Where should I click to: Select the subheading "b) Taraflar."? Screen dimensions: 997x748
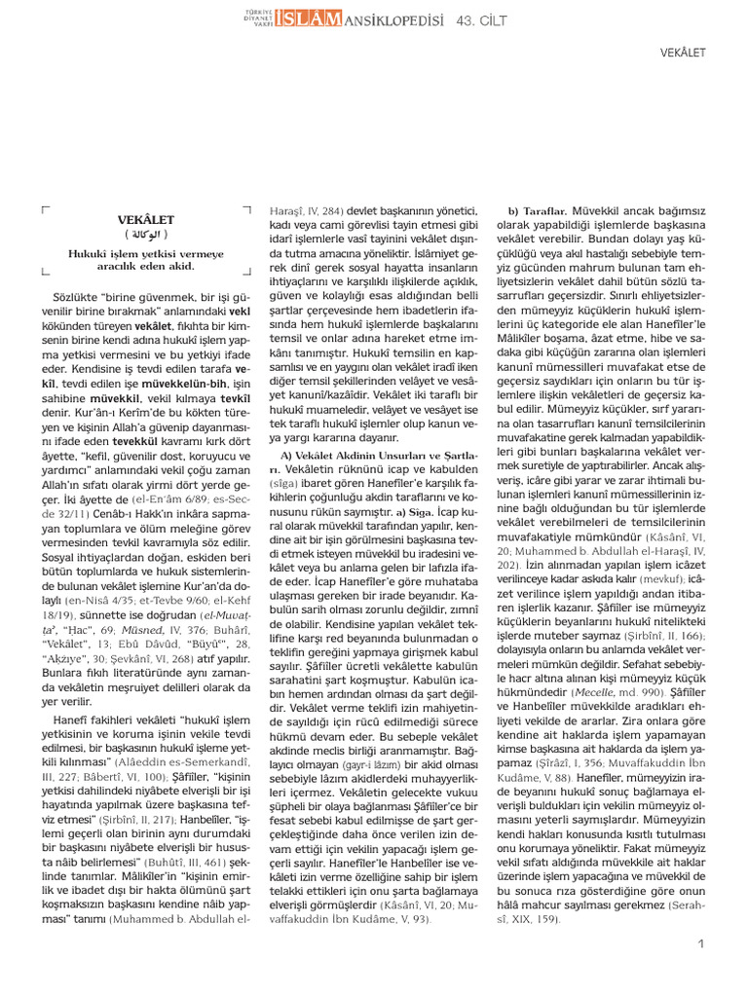click(x=538, y=211)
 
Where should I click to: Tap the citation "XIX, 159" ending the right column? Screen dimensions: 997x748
click(x=533, y=919)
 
